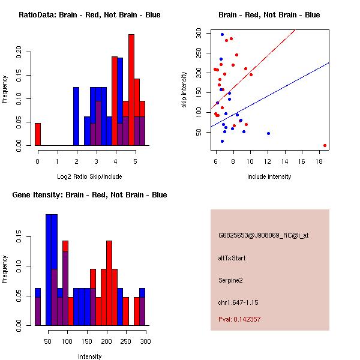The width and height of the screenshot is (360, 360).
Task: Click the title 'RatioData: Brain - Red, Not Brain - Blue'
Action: point(89,15)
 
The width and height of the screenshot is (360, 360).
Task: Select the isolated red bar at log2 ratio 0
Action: point(38,134)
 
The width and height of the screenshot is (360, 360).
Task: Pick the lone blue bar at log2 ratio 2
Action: point(76,116)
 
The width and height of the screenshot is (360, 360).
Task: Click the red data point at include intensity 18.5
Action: point(325,145)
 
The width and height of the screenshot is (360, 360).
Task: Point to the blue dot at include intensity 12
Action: point(268,133)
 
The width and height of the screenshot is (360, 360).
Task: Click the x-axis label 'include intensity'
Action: point(269,176)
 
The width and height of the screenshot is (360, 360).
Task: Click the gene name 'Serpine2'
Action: point(232,280)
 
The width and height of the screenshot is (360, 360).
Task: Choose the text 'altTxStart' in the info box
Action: point(232,258)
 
